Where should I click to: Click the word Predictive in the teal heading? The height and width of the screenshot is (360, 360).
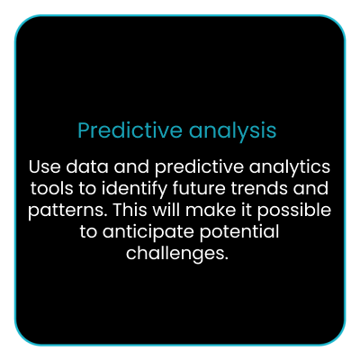coord(130,130)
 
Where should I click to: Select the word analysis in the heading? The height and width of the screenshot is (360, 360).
coord(232,131)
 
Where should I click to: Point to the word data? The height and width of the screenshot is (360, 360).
coord(87,166)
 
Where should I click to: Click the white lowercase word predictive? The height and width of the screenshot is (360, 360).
coord(199,167)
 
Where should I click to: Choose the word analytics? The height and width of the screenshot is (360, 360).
coord(290,167)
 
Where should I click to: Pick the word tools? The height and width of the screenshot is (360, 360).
coord(51,188)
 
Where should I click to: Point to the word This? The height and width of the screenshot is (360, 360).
coord(130,210)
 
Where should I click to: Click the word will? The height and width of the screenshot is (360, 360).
coord(166,210)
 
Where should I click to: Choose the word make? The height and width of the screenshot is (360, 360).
coord(211,210)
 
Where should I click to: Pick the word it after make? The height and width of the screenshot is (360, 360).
coord(247,210)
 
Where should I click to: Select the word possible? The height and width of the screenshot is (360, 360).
coord(294,211)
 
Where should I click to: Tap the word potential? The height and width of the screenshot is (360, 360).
coord(239,232)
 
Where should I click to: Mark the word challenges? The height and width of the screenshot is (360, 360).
coord(174,254)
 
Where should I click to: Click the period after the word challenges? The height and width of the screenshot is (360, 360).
coord(226,258)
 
